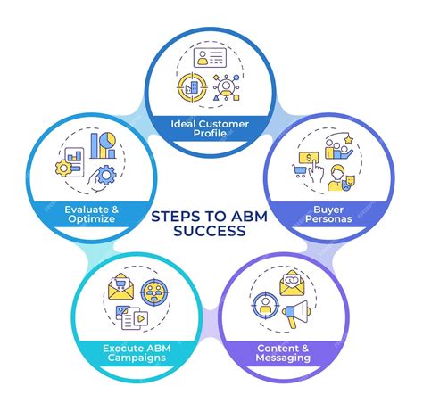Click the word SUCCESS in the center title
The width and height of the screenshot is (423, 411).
point(211,229)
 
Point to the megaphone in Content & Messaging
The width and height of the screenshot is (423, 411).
point(296,315)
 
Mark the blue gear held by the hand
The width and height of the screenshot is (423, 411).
point(105,177)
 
